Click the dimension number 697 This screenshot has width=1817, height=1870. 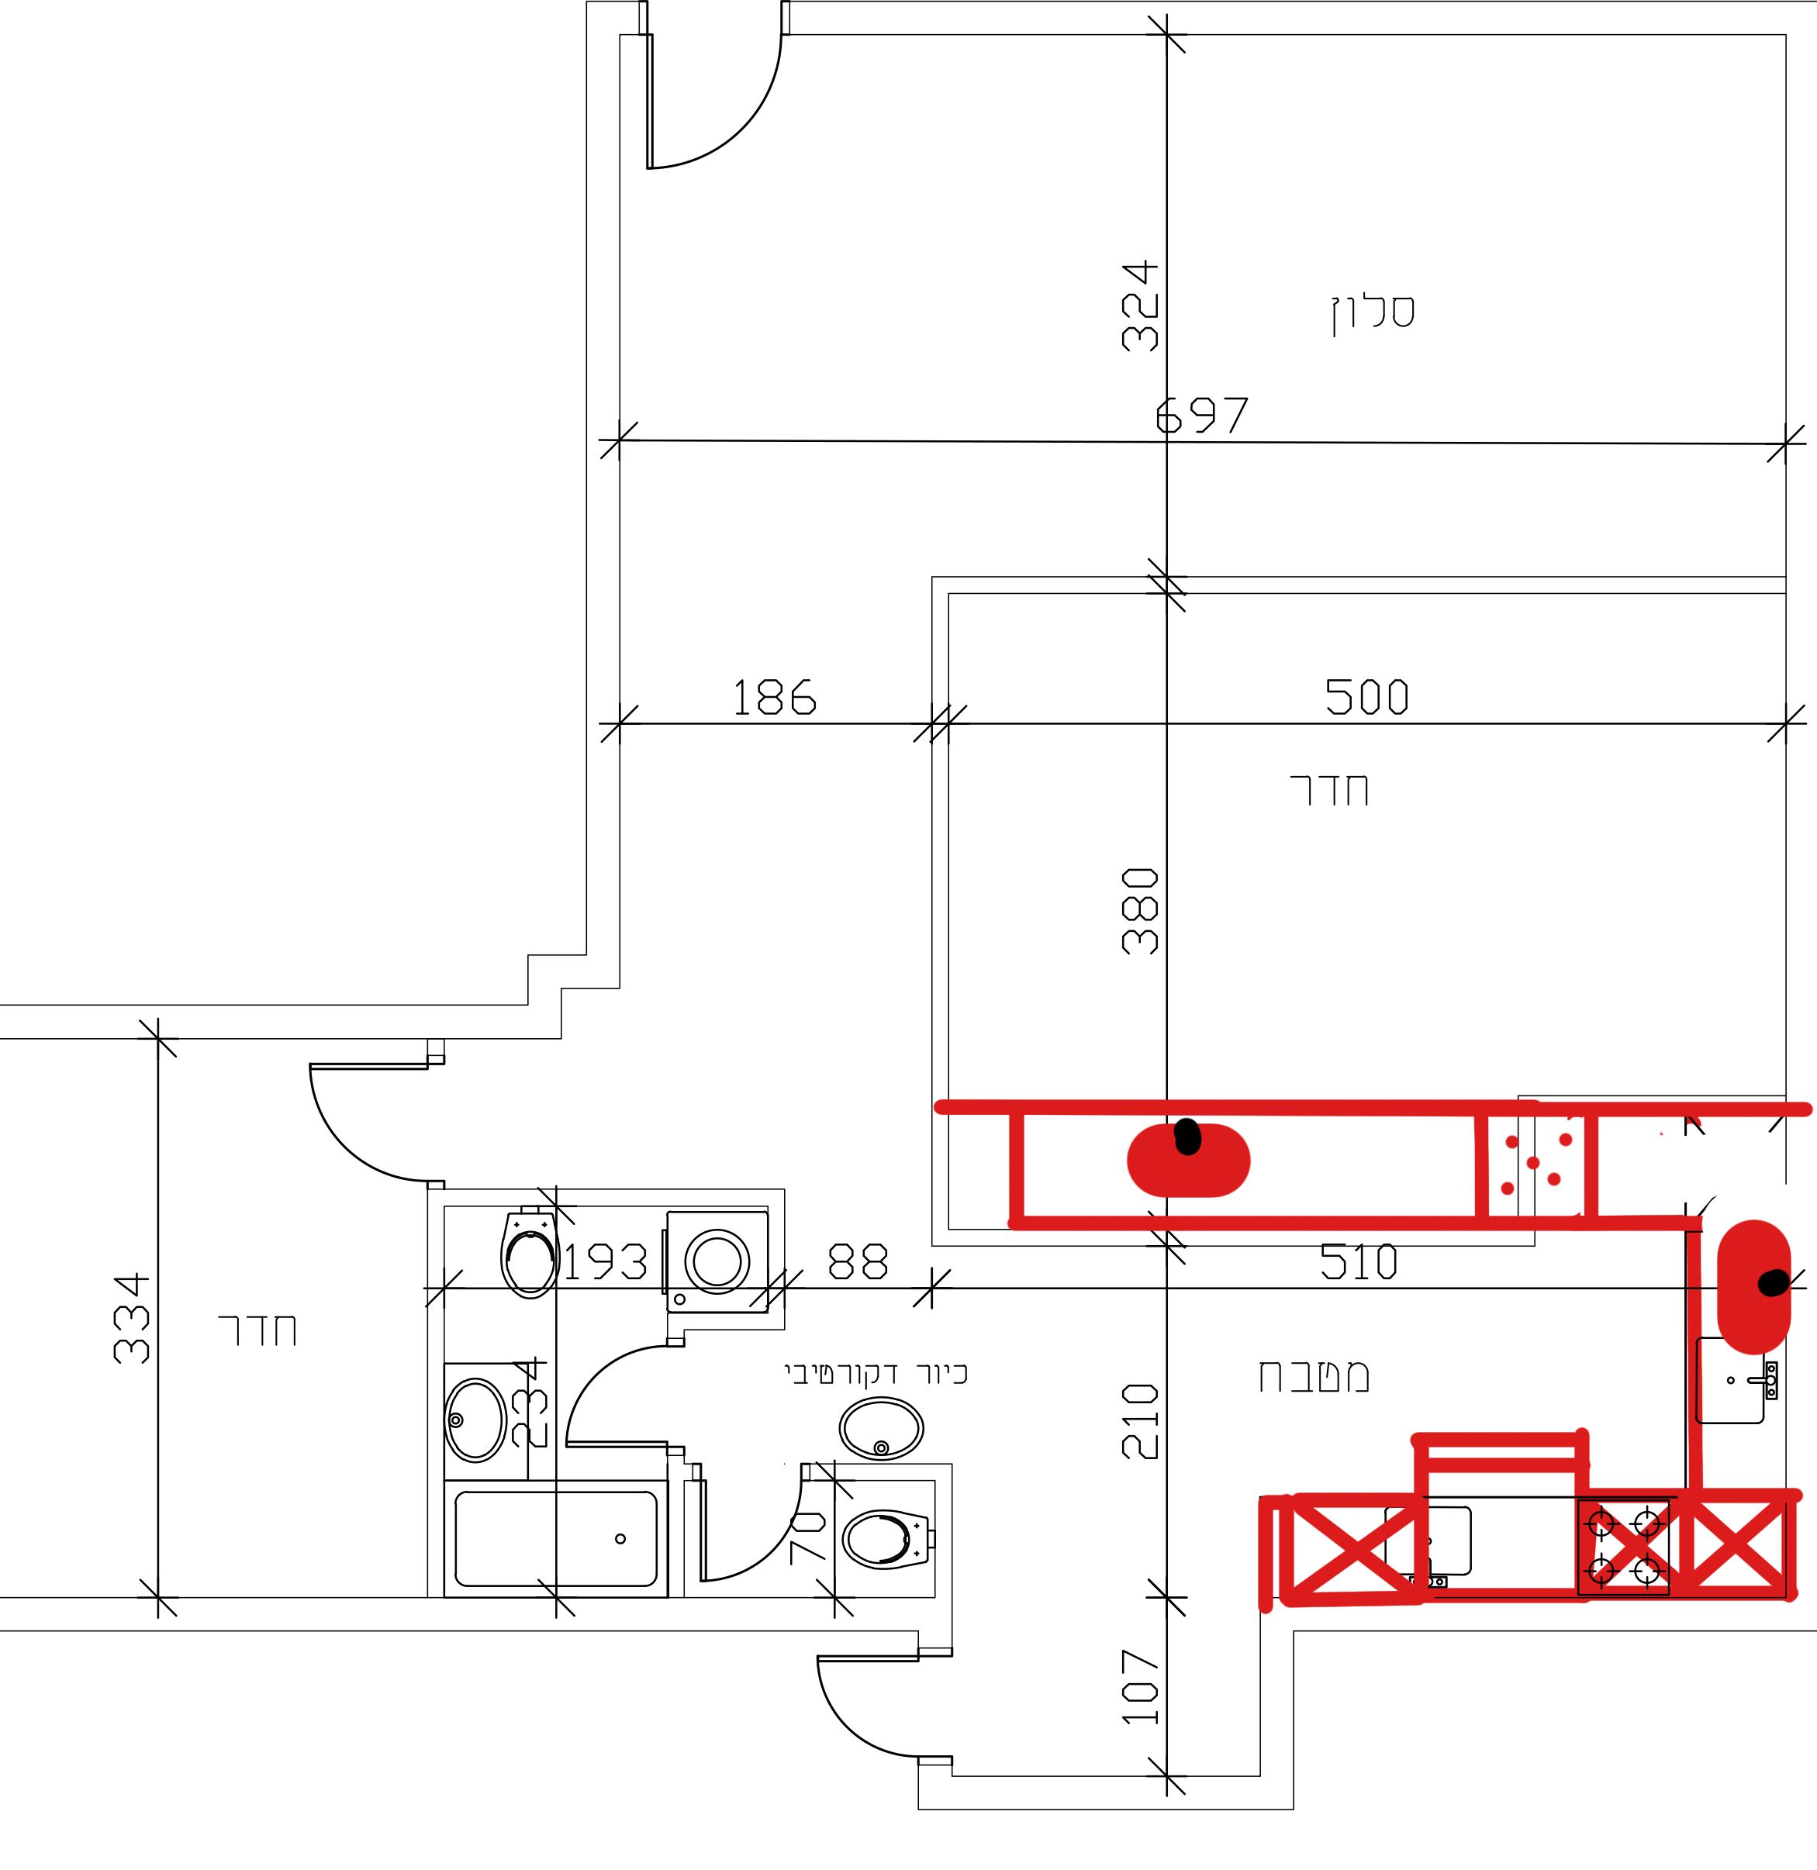(1201, 415)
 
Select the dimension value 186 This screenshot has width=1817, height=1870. (774, 698)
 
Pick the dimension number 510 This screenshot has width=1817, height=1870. (1359, 1262)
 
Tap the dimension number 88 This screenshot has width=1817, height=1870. (858, 1261)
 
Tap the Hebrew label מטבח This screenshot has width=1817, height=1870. (1314, 1377)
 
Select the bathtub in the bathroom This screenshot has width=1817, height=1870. (555, 1539)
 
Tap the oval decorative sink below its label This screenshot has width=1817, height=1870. (881, 1428)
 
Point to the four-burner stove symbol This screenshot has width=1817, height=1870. (1623, 1547)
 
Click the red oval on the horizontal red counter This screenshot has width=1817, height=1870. (1188, 1160)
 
